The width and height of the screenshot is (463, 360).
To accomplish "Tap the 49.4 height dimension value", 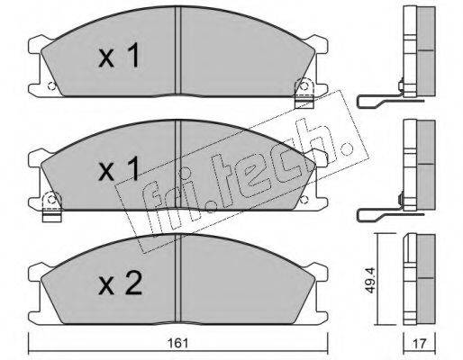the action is click(x=371, y=280).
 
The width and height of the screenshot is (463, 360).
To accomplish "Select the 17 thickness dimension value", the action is click(x=420, y=344).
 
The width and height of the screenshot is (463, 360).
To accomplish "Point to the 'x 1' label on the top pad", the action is click(x=119, y=55).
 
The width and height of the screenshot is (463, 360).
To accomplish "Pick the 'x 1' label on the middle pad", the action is click(x=119, y=168).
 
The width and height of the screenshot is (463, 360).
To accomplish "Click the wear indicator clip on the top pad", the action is click(x=304, y=93).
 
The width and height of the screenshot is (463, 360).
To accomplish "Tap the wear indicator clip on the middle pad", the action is click(x=51, y=207).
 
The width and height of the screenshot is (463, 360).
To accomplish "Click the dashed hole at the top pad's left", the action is click(x=51, y=86).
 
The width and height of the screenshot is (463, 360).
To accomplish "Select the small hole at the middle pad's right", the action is click(x=304, y=199).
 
